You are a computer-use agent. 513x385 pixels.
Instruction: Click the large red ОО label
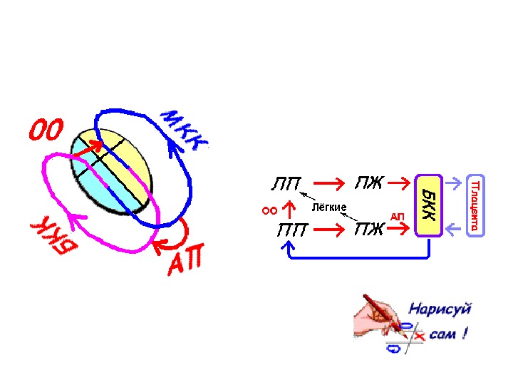[46, 130]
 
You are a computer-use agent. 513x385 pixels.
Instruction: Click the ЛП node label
[286, 185]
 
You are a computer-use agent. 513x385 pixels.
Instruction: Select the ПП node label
[292, 230]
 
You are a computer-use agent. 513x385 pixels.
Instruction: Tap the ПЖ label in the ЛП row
[369, 184]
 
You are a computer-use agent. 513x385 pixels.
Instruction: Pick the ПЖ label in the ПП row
[369, 230]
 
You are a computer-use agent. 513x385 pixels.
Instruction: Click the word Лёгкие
[329, 207]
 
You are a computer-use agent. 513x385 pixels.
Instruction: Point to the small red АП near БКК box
[397, 216]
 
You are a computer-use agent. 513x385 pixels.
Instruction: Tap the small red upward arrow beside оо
[289, 209]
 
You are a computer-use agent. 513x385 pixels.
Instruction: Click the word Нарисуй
[439, 309]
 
